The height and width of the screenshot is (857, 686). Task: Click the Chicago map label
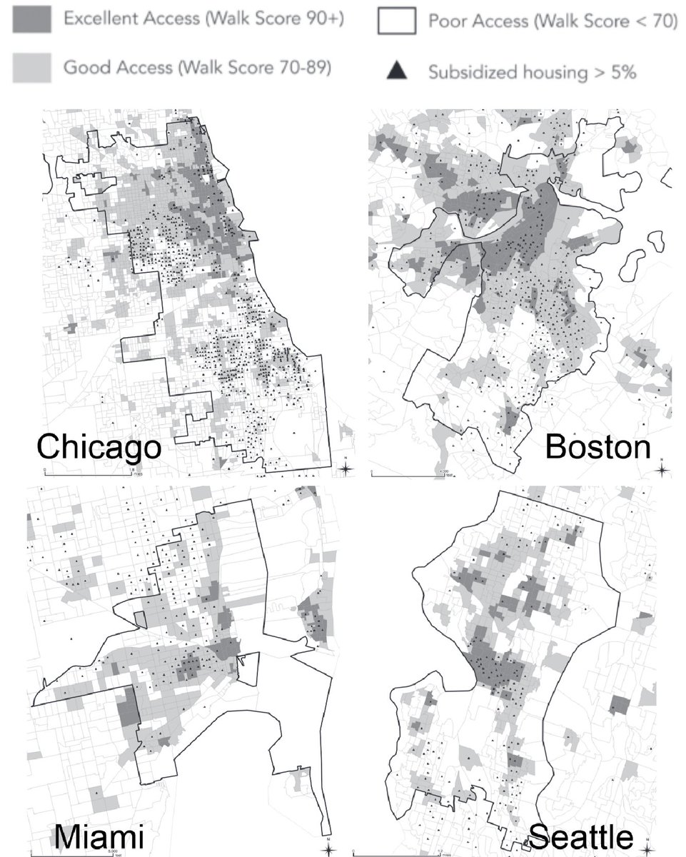[x=99, y=448]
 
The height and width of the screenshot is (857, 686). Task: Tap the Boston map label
[x=598, y=448]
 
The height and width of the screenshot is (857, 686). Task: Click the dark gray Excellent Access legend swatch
[x=31, y=21]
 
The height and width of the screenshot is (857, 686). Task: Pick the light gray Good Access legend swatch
[x=31, y=68]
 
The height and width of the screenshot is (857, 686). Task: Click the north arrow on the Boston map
[x=662, y=468]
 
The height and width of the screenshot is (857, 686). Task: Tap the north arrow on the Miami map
[x=327, y=848]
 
